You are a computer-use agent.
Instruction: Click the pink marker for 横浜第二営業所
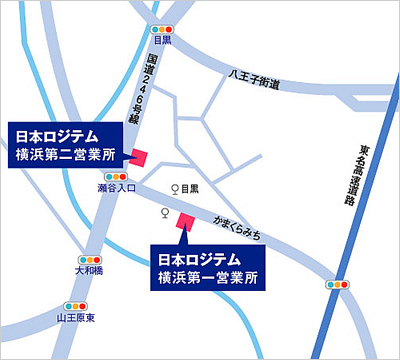pos(138,156)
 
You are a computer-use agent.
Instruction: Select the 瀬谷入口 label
pos(116,188)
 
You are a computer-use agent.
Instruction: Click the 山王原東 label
pos(75,318)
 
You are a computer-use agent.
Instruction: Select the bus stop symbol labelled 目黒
pos(176,188)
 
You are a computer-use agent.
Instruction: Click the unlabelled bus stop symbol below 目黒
pos(165,213)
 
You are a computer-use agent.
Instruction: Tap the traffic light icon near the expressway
pos(341,285)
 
